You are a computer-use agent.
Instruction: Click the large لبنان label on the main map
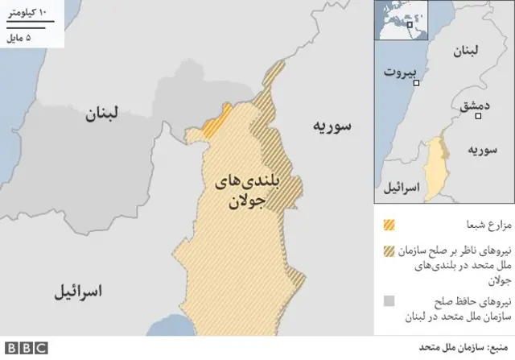(x=103, y=114)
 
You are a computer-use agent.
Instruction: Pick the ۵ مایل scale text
(x=22, y=39)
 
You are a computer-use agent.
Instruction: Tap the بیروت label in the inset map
(x=402, y=72)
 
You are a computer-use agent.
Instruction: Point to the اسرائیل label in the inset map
(x=400, y=187)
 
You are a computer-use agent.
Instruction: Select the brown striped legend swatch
(x=390, y=250)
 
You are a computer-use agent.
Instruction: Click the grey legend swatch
(x=390, y=302)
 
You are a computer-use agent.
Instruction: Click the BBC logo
(x=24, y=348)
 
